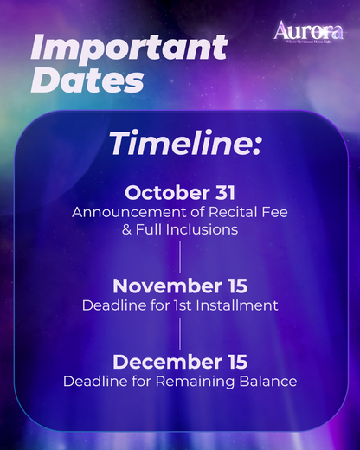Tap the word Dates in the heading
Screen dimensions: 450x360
[87, 80]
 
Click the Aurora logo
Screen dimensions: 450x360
[307, 30]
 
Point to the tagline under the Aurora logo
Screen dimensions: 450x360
[307, 41]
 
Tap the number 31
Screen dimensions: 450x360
[224, 192]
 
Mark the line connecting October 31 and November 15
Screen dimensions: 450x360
[180, 257]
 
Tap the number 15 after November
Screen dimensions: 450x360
[235, 286]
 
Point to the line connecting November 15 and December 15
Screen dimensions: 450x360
[180, 333]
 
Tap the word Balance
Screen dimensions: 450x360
[266, 381]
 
